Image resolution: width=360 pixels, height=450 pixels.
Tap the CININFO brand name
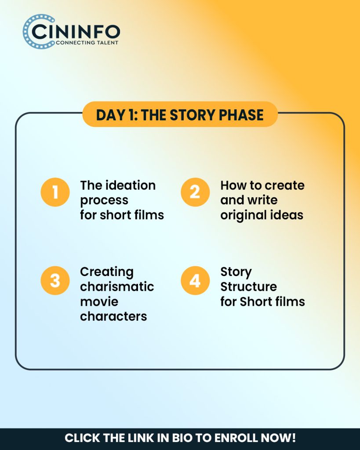click(76, 32)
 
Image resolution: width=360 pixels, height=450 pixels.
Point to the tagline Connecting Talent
click(87, 43)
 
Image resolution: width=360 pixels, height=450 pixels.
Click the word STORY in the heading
click(193, 115)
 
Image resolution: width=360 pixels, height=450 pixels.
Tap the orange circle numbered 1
click(55, 192)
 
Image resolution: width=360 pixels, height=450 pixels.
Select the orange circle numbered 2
click(195, 192)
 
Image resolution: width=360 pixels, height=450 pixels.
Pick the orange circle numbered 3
click(55, 280)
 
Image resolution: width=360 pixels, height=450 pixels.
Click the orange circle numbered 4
click(195, 280)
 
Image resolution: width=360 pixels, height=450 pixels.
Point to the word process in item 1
click(104, 200)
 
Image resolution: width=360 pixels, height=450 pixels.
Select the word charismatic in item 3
click(117, 287)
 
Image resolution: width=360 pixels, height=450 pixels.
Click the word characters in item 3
click(114, 316)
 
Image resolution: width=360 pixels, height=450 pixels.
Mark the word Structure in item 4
click(249, 287)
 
